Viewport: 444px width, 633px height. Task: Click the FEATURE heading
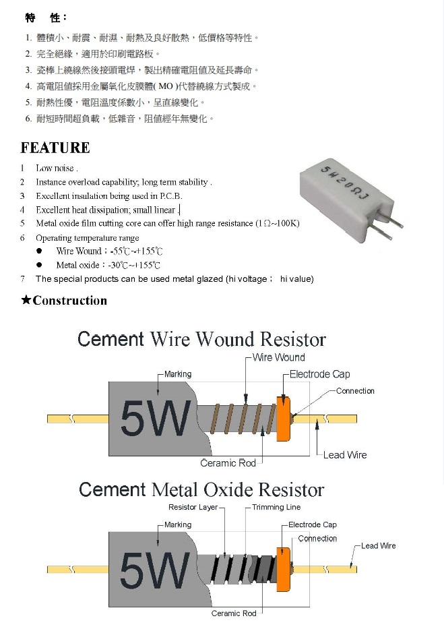pos(55,148)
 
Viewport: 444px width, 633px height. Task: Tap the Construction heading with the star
pos(64,301)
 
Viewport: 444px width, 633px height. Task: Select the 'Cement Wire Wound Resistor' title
pos(201,338)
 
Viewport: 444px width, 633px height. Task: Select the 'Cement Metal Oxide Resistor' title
pos(201,489)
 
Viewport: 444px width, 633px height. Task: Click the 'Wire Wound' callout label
pos(278,357)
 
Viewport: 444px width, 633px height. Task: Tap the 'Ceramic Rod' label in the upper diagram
pos(228,463)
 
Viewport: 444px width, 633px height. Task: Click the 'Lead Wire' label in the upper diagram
pos(345,455)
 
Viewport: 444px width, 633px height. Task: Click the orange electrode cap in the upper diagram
pos(283,419)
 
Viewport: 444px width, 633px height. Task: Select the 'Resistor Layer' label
pos(193,507)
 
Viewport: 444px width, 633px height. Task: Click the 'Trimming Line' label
pos(276,507)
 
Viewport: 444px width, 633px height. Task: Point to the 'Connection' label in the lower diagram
pos(317,539)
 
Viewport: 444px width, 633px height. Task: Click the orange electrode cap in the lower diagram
pos(283,569)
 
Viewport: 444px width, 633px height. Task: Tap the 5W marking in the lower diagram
pos(154,570)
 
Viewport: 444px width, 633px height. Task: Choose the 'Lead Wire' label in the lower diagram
pos(379,545)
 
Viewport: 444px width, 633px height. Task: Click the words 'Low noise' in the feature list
pos(56,169)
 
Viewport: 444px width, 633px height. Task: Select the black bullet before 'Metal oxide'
pos(40,266)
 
